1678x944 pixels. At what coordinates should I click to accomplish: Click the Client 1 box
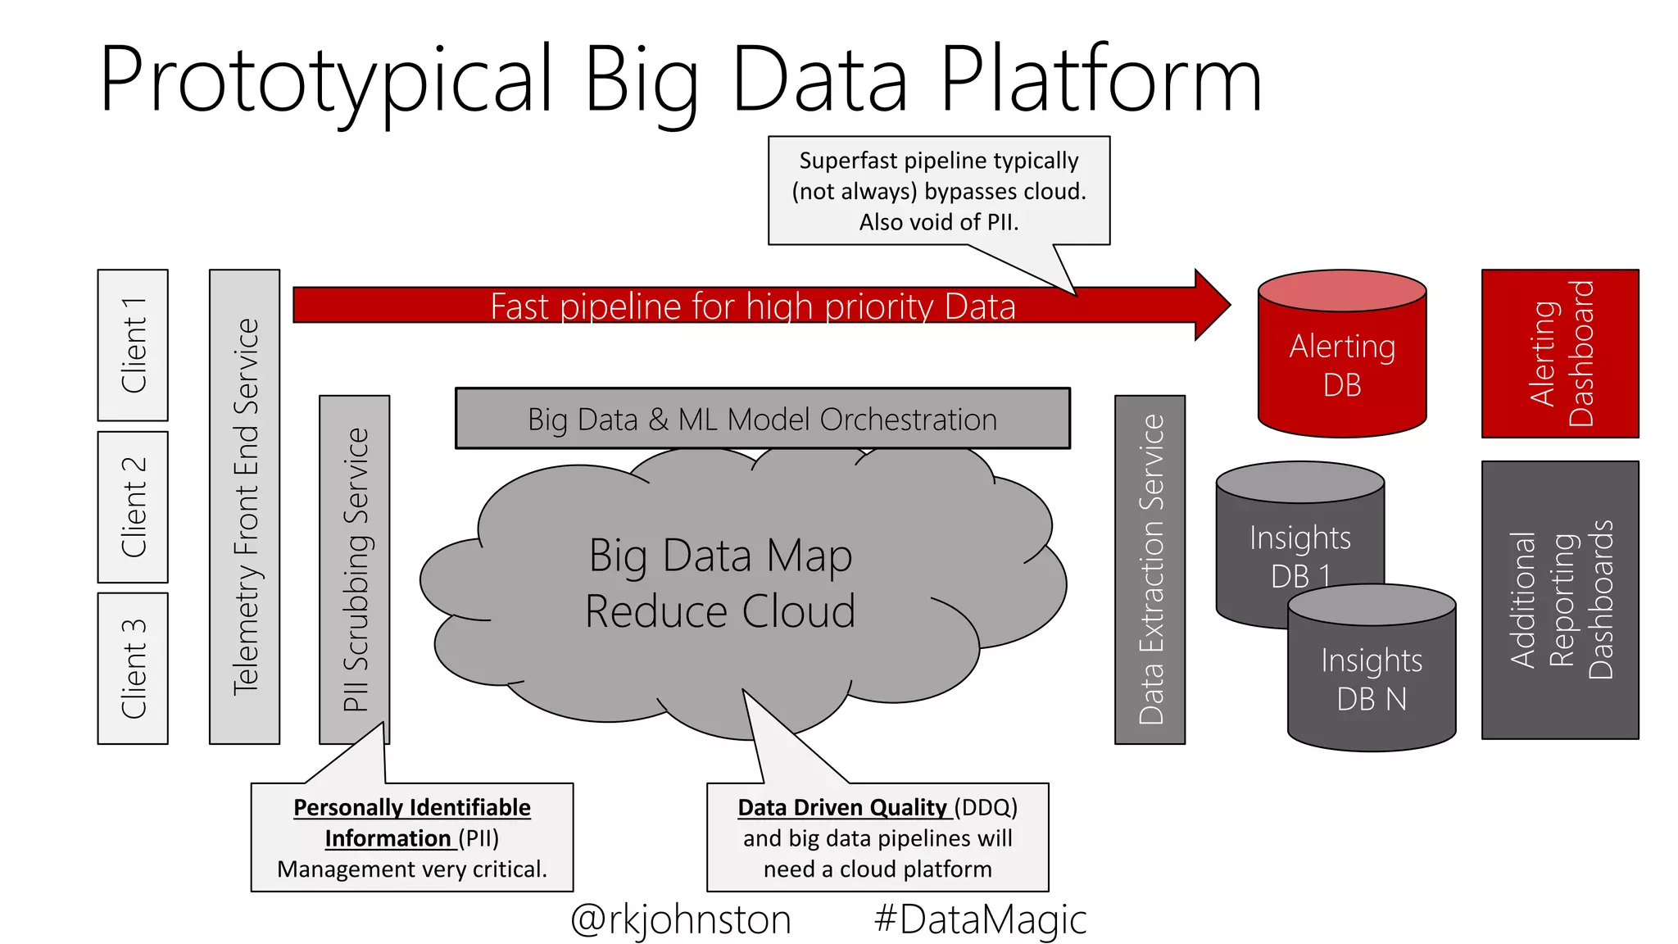click(x=133, y=345)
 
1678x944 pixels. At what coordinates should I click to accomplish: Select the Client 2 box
click(x=133, y=507)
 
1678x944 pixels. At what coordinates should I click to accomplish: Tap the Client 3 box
click(x=133, y=669)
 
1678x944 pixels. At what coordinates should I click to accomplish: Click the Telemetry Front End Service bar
click(x=244, y=506)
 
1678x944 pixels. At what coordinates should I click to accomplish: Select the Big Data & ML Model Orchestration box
click(x=762, y=419)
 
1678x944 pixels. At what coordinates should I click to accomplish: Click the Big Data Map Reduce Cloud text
click(x=721, y=583)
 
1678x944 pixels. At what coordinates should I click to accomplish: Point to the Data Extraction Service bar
click(x=1150, y=570)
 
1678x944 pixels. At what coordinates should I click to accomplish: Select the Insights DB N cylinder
click(x=1372, y=680)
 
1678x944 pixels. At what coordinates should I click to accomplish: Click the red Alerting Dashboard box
click(x=1560, y=353)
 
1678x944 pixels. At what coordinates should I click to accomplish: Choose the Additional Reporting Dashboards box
click(x=1560, y=600)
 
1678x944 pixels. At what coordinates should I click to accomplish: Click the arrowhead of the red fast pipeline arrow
click(x=1212, y=305)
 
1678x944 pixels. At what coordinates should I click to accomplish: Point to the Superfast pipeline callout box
click(x=939, y=191)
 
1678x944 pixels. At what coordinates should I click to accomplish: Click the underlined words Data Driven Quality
click(x=842, y=808)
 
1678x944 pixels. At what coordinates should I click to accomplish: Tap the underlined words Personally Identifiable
click(x=412, y=808)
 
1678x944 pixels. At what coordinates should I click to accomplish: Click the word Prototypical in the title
click(x=326, y=79)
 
